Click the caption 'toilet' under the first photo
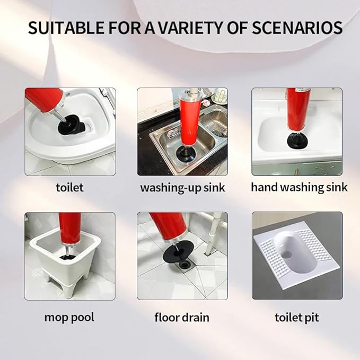(69, 187)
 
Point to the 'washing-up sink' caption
(182, 188)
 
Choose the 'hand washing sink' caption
(299, 187)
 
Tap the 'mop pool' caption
(69, 318)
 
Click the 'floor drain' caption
(182, 318)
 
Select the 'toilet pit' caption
(297, 318)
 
